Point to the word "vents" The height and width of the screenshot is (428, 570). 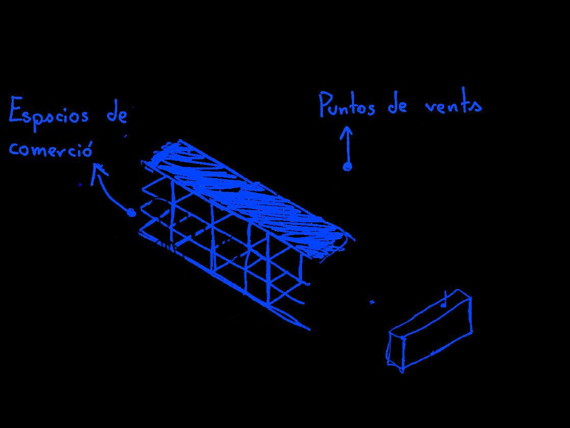click(453, 106)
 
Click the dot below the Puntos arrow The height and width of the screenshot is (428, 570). click(347, 166)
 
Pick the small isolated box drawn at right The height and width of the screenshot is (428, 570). click(430, 331)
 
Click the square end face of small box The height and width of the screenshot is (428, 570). click(396, 351)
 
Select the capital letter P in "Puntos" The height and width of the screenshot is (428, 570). click(324, 104)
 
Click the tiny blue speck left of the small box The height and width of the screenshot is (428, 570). click(372, 302)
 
